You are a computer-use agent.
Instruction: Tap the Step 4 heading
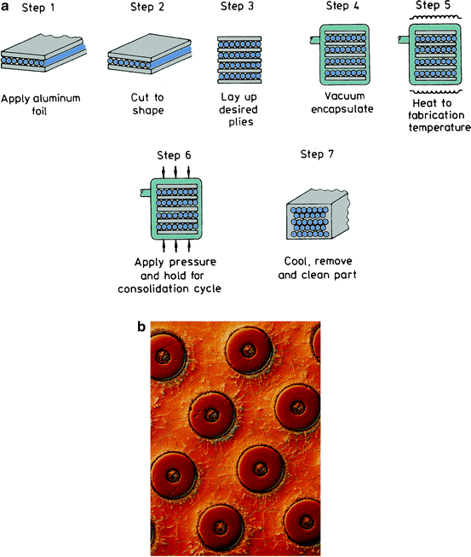(344, 8)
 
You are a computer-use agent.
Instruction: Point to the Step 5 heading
(433, 5)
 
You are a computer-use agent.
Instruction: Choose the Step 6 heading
(175, 155)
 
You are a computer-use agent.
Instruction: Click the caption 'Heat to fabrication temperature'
(434, 115)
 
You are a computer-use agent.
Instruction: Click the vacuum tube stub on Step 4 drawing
(313, 37)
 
